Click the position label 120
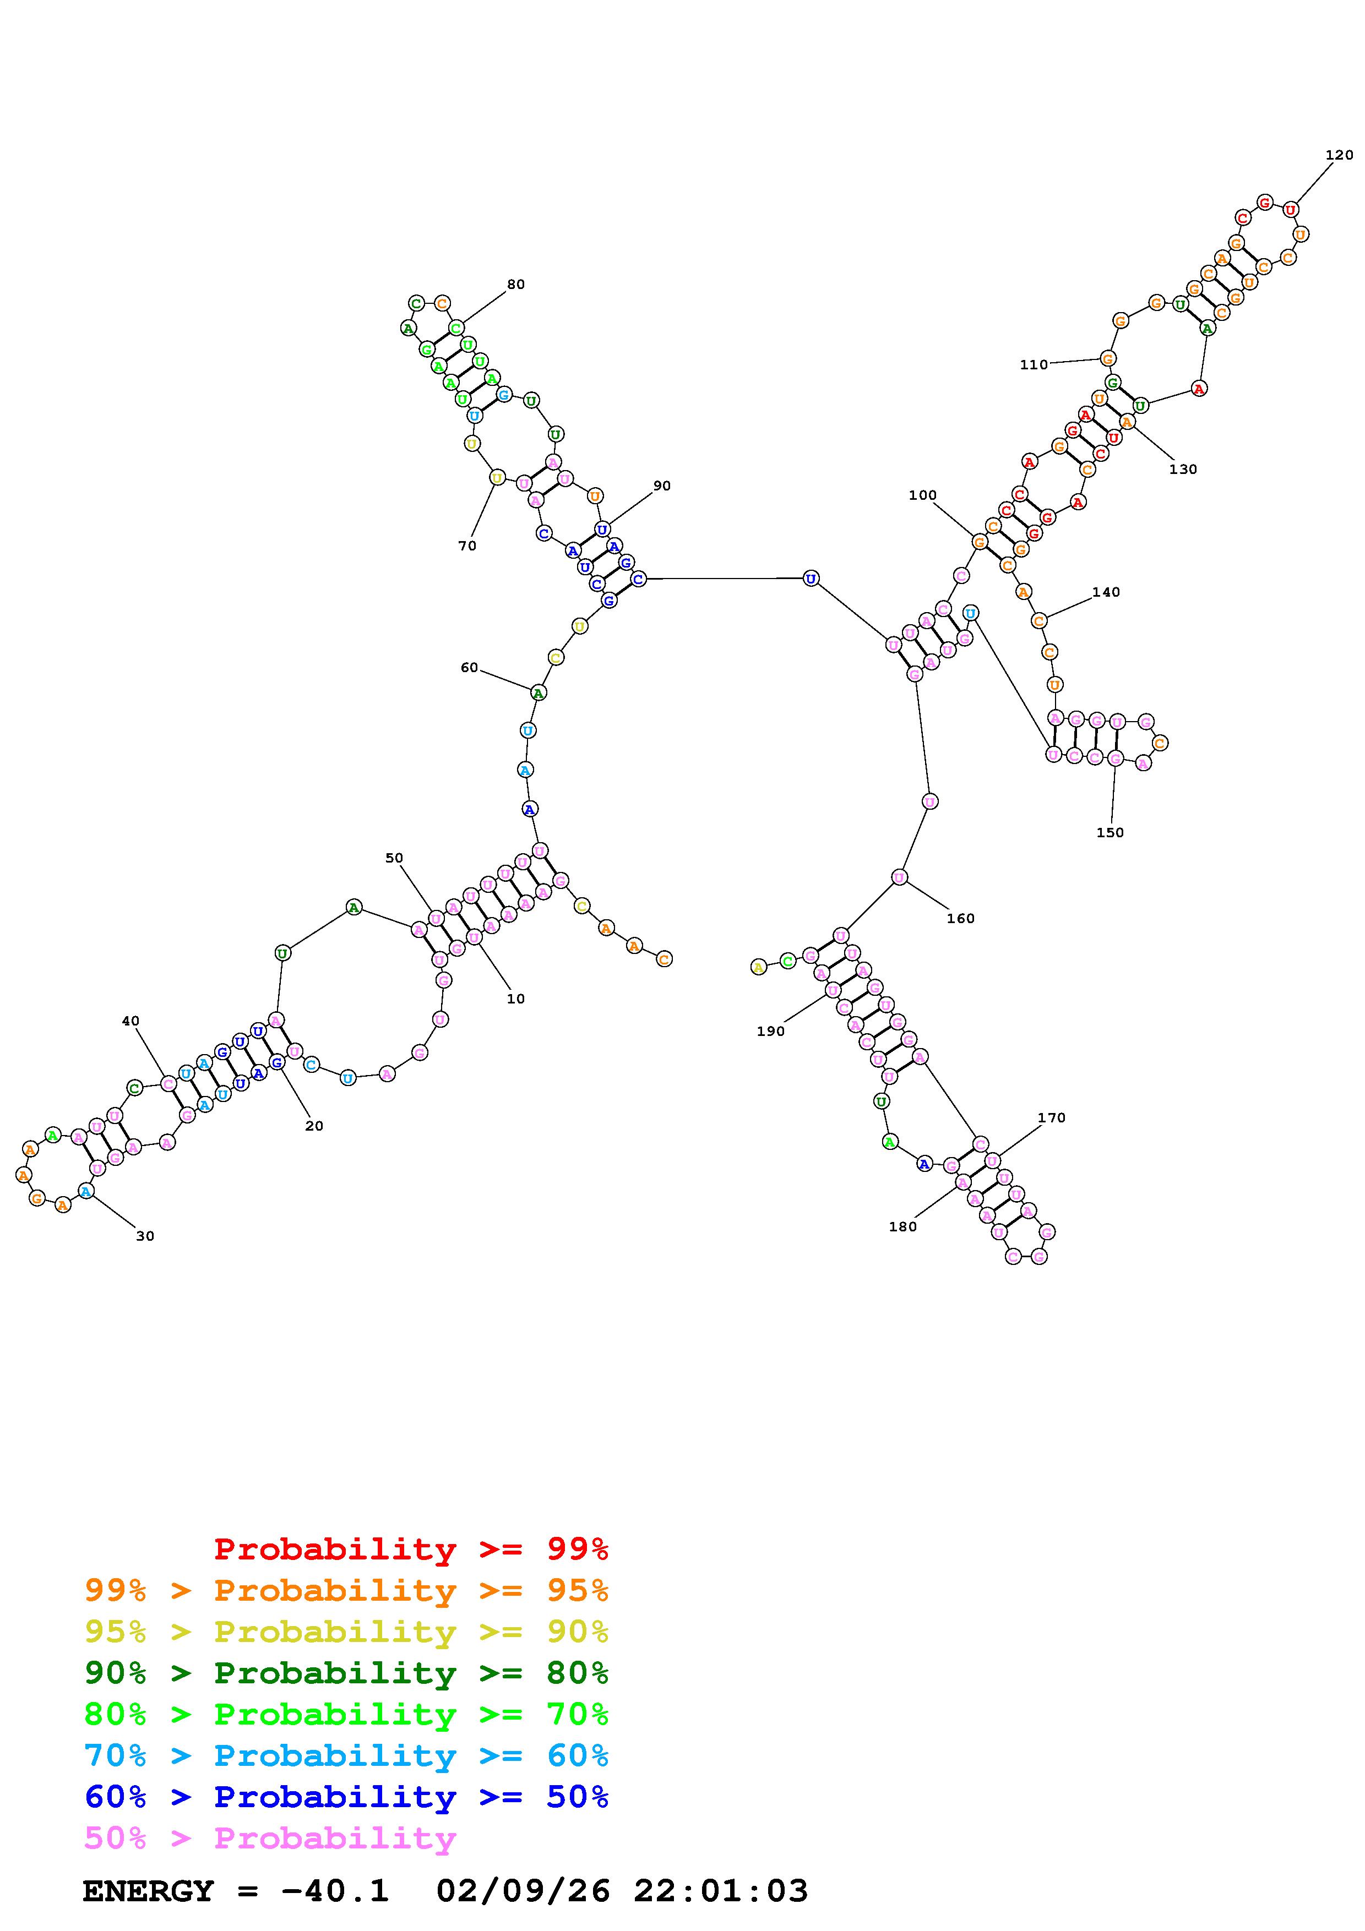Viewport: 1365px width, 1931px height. coord(1339,155)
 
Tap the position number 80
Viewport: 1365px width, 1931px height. coord(515,284)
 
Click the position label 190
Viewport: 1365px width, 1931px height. coord(770,1031)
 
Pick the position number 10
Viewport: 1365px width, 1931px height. coord(515,999)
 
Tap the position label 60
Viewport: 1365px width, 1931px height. coord(469,668)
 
